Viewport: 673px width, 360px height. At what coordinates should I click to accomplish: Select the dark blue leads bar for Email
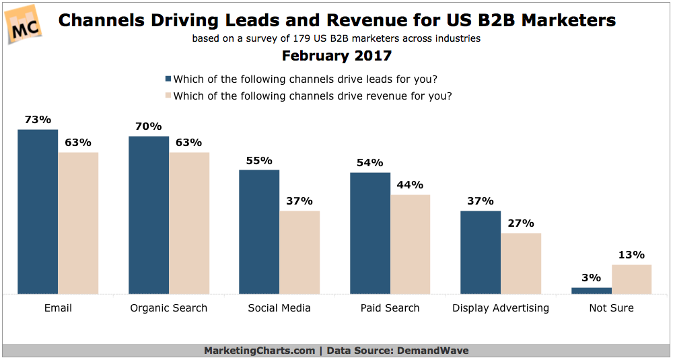38,212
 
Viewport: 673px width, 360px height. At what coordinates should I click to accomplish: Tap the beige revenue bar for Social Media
299,253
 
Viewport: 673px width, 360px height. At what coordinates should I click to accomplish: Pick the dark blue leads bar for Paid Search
369,233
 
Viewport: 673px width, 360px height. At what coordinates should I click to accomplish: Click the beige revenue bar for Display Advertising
520,264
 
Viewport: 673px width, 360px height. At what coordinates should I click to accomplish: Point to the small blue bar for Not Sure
592,291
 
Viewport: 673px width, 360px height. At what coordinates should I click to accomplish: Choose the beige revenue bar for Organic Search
189,223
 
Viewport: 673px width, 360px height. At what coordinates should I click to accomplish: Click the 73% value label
38,120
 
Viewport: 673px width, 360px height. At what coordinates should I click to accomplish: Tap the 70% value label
148,127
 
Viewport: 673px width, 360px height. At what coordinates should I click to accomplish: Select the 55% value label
259,160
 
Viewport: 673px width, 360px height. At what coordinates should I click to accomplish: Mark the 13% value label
631,255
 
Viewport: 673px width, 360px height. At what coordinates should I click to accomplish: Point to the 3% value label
592,278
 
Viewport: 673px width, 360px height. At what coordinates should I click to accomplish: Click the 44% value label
410,185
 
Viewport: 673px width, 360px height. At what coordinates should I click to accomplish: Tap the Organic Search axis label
168,308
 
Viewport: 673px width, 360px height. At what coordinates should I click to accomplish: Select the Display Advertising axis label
501,308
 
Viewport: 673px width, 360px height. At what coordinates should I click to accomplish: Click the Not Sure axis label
611,308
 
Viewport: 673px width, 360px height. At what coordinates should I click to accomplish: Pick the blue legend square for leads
168,78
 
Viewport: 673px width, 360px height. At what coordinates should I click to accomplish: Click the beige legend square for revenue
168,96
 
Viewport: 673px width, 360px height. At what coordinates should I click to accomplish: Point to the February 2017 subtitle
336,55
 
